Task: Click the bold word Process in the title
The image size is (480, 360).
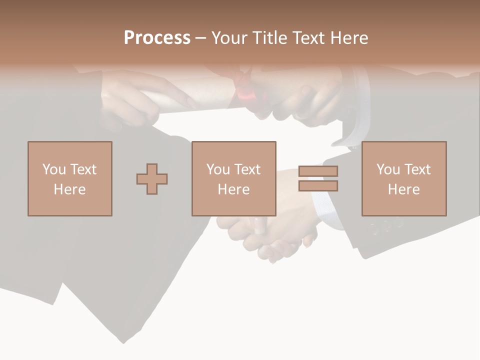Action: coord(157,37)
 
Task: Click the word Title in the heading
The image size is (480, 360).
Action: coord(270,37)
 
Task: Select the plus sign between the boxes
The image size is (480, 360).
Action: coord(152,179)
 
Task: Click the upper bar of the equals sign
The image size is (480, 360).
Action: coord(318,171)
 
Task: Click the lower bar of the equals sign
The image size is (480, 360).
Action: coord(318,186)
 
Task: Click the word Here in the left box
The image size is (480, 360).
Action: coord(69,189)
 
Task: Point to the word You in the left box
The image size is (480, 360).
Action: coord(54,169)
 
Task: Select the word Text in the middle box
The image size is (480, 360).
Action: coord(247,169)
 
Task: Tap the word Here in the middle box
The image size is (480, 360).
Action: coord(233,189)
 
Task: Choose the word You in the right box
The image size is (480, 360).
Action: coord(388,169)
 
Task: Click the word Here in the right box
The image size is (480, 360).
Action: coord(403,189)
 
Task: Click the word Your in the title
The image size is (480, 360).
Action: coord(229,37)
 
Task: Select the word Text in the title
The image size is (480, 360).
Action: coord(306,37)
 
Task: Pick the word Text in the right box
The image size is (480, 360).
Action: coord(417,169)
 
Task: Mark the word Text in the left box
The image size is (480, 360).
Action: coord(83,169)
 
